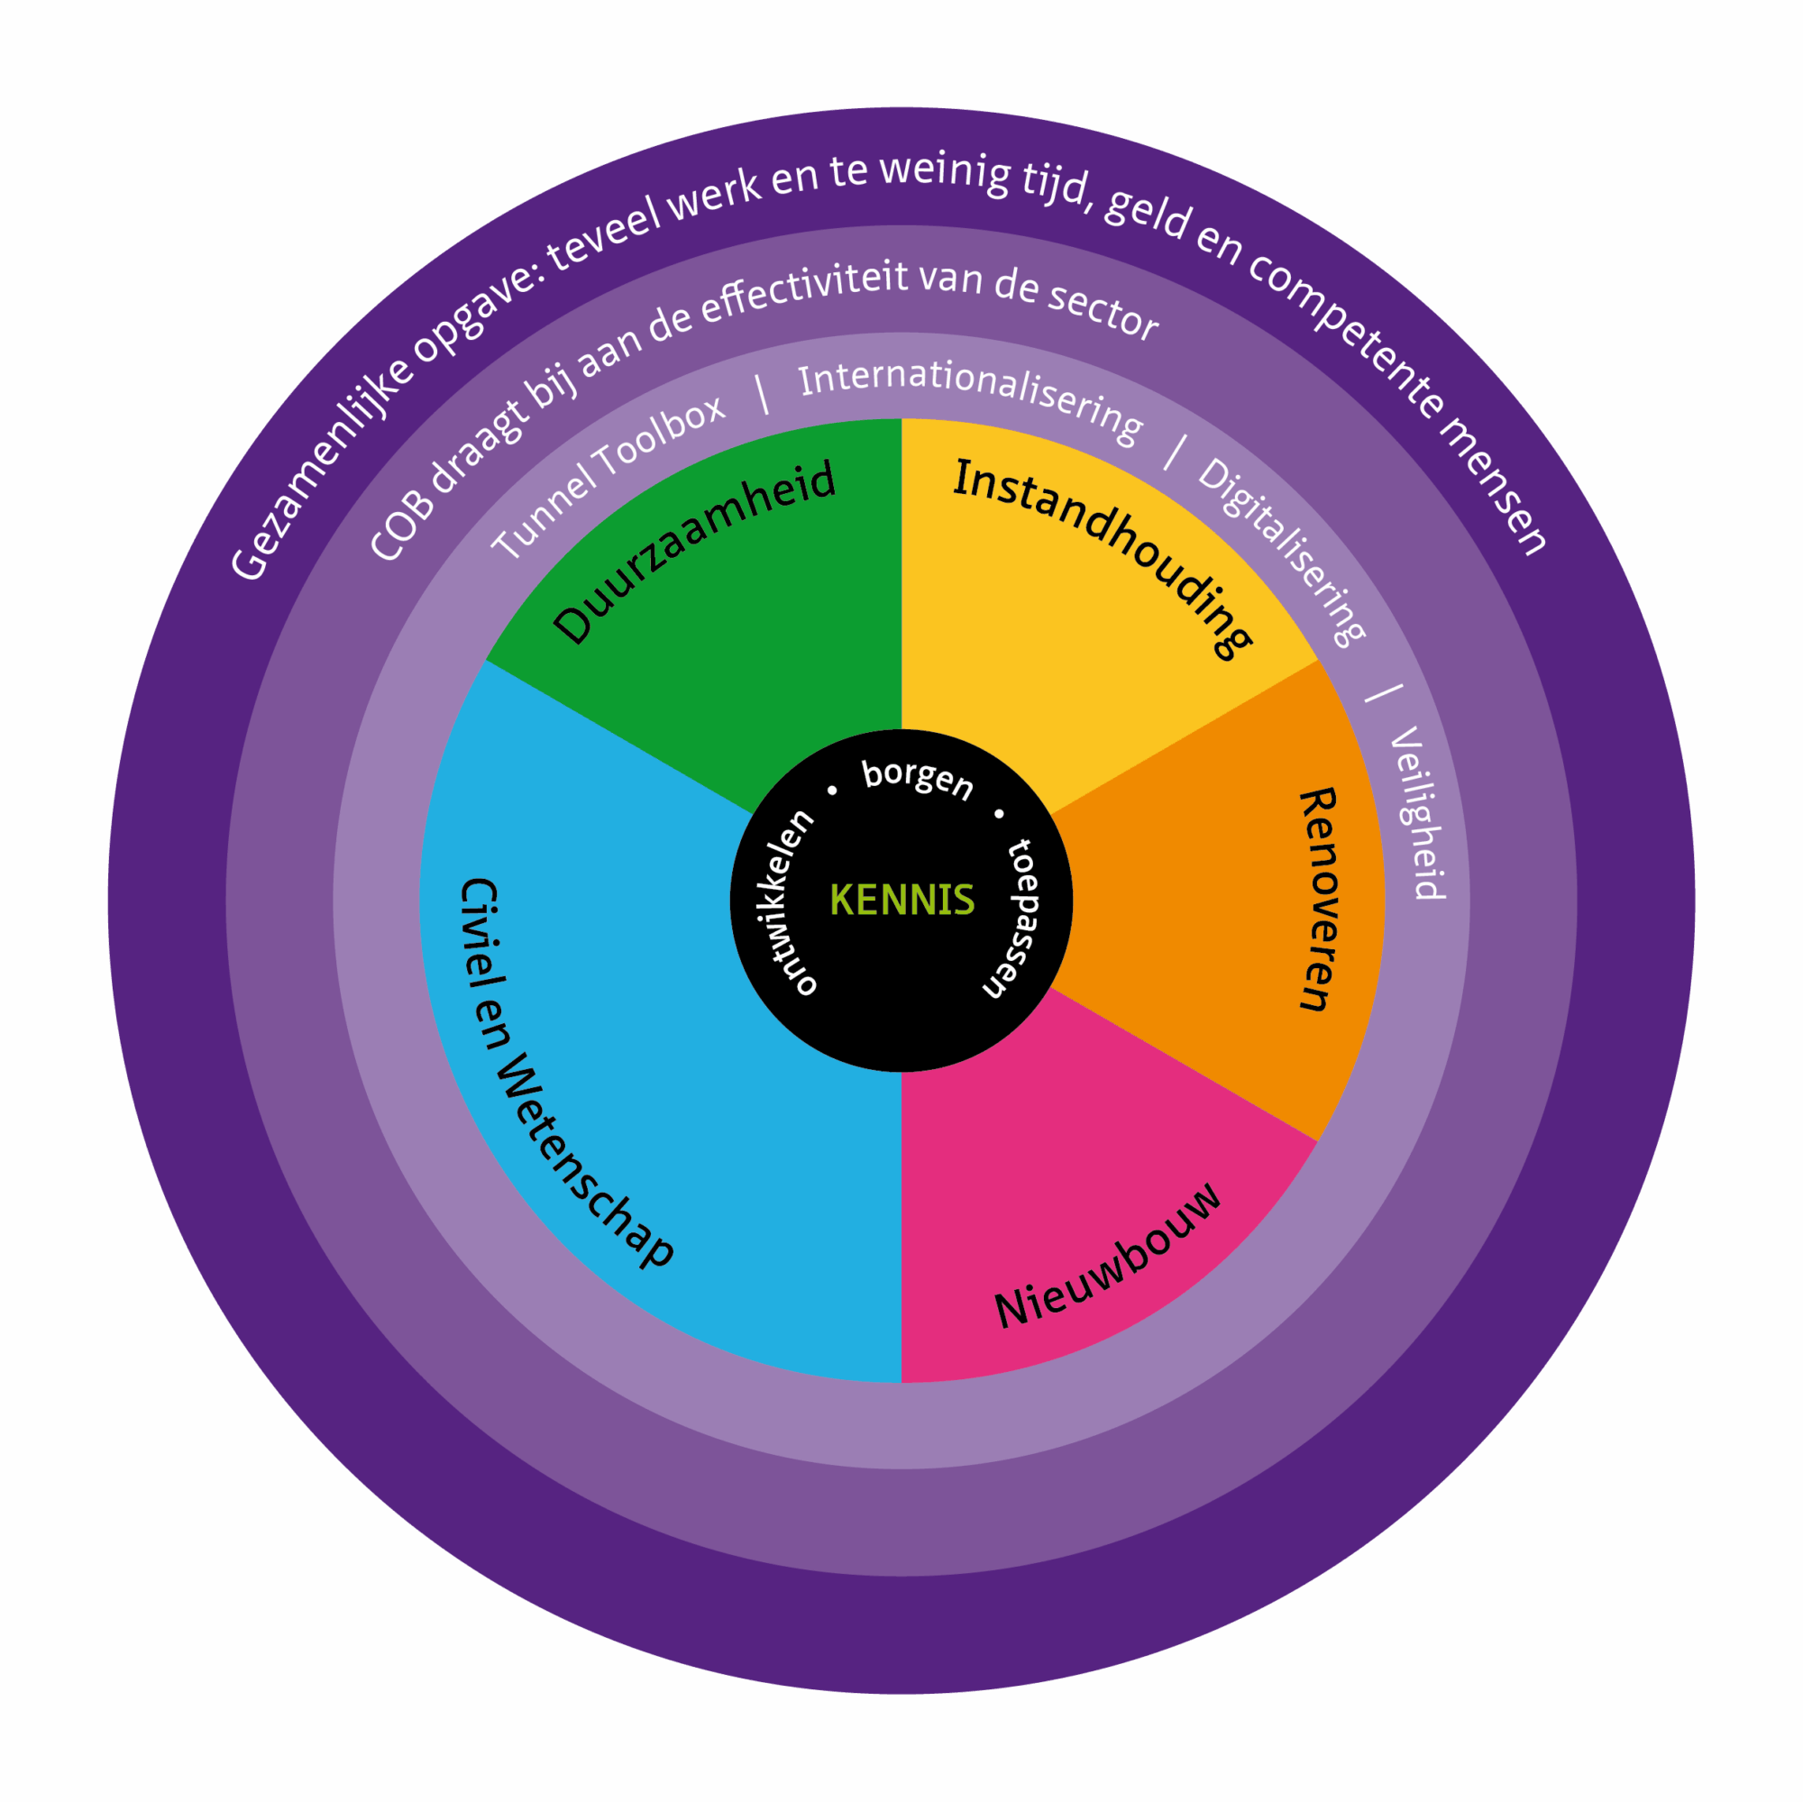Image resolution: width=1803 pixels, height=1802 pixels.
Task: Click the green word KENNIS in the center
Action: pyautogui.click(x=901, y=900)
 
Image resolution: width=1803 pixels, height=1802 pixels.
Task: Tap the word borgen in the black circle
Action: pyautogui.click(x=918, y=779)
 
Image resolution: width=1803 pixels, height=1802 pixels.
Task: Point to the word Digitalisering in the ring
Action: pyautogui.click(x=1282, y=551)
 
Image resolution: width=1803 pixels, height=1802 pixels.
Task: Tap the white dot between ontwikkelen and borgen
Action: pyautogui.click(x=832, y=791)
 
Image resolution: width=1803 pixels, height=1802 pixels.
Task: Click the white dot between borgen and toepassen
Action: pyautogui.click(x=999, y=814)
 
